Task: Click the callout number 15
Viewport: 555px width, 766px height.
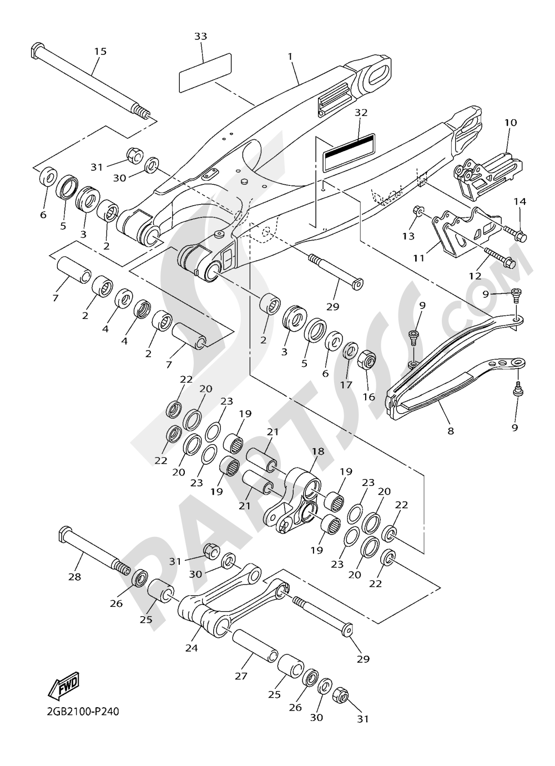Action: click(100, 51)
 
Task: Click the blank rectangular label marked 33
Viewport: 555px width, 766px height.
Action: click(204, 72)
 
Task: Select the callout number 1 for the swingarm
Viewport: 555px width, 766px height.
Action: click(290, 56)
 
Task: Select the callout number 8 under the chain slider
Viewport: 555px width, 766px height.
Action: click(450, 430)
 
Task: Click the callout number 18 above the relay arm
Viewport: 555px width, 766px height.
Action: click(317, 452)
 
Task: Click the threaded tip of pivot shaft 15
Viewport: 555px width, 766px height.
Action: click(144, 115)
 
